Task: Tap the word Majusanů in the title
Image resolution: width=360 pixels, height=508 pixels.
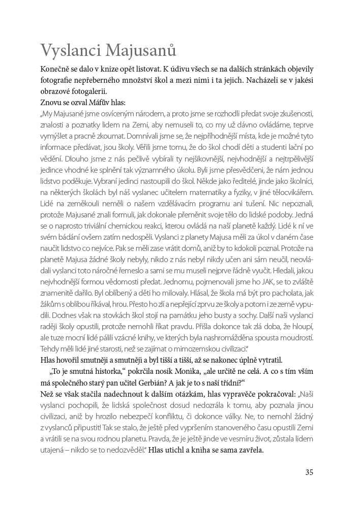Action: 142,52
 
